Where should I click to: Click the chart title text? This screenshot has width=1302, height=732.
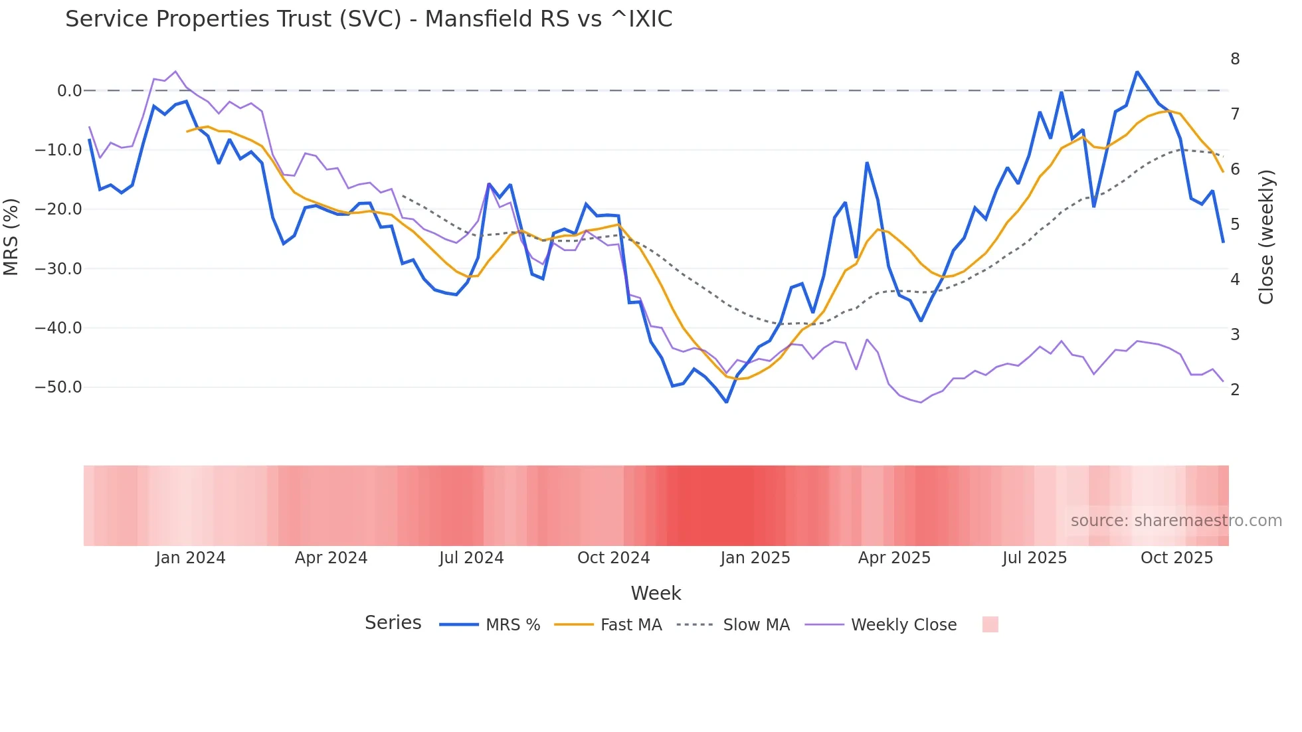coord(369,19)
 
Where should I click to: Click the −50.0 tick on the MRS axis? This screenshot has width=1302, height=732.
coord(58,387)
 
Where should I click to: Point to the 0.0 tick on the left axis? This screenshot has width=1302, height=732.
coord(69,91)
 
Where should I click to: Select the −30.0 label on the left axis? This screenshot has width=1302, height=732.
coord(58,269)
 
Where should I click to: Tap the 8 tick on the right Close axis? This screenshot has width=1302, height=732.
coord(1235,59)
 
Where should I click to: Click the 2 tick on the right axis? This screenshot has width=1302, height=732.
coord(1235,390)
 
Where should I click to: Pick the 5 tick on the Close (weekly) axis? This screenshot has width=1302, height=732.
coord(1235,225)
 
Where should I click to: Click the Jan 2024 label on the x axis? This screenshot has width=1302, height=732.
coord(191,558)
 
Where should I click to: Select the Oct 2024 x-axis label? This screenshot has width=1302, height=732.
coord(613,558)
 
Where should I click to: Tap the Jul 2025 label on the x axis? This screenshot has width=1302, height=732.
coord(1034,558)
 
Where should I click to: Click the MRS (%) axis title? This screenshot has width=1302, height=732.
coord(11,237)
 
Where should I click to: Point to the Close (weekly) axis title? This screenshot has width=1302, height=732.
coord(1267,237)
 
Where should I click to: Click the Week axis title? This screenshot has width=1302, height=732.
coord(656,593)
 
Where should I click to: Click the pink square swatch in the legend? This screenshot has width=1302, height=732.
coord(990,624)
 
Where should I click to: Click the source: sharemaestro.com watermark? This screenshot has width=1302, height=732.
coord(1176,521)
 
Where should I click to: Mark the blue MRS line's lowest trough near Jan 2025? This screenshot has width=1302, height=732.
coord(726,402)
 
